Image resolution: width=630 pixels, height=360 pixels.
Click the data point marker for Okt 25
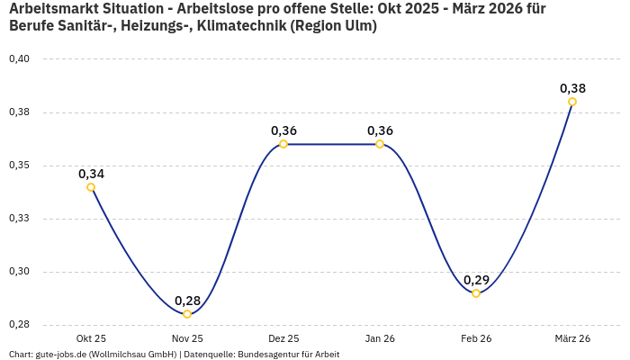click(x=91, y=187)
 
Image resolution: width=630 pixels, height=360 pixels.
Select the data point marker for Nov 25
click(x=187, y=314)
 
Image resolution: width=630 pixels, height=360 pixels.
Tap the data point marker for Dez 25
click(x=283, y=144)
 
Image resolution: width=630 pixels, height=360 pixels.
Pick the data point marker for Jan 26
click(x=380, y=144)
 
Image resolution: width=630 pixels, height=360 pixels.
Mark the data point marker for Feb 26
click(x=476, y=293)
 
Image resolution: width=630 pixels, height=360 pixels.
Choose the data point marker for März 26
click(x=572, y=102)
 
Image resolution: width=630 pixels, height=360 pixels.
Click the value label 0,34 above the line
click(x=91, y=174)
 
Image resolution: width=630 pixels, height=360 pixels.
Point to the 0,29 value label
click(x=476, y=280)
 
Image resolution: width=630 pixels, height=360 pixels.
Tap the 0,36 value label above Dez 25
click(x=283, y=130)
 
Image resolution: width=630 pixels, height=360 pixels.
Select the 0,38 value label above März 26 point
click(x=572, y=88)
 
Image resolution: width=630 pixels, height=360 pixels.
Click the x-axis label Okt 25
click(x=91, y=338)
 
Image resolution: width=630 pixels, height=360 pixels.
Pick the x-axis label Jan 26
click(x=380, y=338)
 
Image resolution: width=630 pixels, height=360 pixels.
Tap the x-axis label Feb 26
click(x=476, y=338)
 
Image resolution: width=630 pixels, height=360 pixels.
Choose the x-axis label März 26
click(x=572, y=338)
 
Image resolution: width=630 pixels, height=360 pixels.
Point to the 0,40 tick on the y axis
click(x=19, y=59)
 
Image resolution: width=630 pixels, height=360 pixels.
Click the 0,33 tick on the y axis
click(x=19, y=219)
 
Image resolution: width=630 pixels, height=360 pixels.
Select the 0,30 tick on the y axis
click(x=19, y=272)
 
